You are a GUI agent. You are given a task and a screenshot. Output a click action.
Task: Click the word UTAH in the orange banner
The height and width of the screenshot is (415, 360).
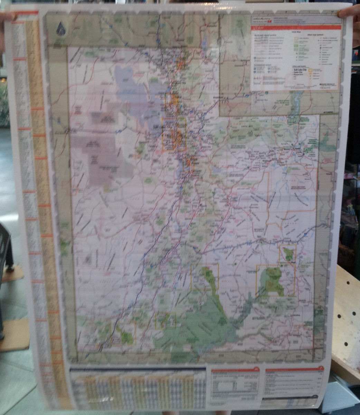tap(257, 28)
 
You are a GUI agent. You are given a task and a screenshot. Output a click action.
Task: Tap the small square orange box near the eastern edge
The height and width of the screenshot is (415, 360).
tap(288, 253)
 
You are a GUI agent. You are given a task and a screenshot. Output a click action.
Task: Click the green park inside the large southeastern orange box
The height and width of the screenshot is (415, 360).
tap(272, 278)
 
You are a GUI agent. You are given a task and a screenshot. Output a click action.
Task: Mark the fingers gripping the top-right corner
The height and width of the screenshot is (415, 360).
tap(349, 12)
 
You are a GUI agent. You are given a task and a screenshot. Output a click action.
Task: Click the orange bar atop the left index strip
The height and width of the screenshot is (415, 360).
tap(26, 13)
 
